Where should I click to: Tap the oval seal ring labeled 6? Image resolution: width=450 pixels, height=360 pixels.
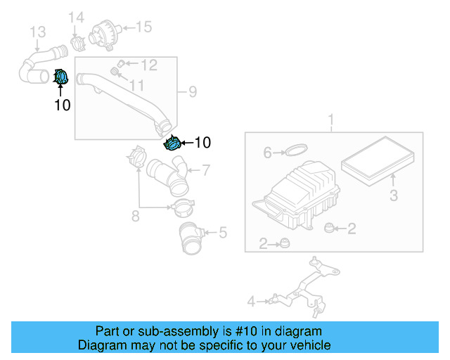coord(297,150)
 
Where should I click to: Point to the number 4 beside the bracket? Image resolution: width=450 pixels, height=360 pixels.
coord(251,302)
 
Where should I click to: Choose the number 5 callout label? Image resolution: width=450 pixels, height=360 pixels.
coord(223,231)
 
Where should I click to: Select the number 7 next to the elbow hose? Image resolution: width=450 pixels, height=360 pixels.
coord(206,169)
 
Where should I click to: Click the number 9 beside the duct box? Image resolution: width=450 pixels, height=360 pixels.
coord(192,91)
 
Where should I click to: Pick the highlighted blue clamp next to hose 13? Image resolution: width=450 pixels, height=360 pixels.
coord(60,77)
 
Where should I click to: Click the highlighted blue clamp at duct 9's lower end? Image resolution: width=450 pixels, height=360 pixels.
coord(172,143)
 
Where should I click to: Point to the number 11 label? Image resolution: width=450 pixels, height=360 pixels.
coord(136,85)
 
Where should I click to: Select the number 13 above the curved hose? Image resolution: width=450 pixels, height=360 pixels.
coord(37,32)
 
